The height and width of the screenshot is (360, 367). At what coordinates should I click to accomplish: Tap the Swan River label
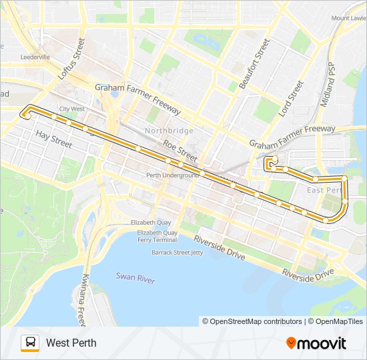(x=135, y=276)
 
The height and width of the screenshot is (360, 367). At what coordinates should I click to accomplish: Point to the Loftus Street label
(x=69, y=59)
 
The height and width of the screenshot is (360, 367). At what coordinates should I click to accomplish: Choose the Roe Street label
(x=179, y=152)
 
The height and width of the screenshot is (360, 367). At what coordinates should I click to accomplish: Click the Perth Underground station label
(x=173, y=175)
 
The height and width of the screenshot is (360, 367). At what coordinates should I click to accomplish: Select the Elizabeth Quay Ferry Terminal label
(x=157, y=236)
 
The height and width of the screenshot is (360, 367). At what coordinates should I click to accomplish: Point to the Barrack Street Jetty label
(x=177, y=253)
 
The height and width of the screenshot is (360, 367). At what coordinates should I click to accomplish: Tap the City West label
(x=72, y=109)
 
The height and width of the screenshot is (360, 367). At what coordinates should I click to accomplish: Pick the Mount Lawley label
(x=349, y=18)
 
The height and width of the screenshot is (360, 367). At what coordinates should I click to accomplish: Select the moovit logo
(x=316, y=343)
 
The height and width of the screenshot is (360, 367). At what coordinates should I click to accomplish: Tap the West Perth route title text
(x=71, y=343)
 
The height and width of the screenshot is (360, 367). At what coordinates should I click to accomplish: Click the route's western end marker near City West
(x=27, y=116)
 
